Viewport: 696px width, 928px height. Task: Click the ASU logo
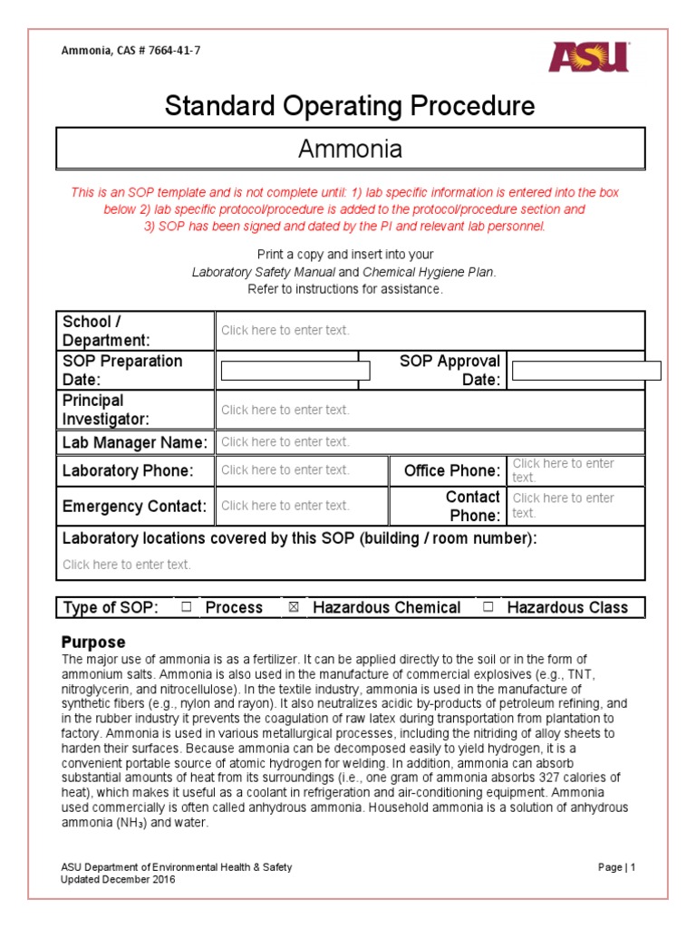pos(589,56)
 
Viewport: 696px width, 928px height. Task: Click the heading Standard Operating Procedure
pos(350,106)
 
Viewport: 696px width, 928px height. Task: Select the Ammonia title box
pos(350,149)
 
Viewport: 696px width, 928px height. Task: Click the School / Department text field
pos(430,331)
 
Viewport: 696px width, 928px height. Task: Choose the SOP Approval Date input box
pos(586,371)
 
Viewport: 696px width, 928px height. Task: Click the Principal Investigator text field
pos(430,410)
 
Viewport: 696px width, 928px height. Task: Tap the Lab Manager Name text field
pos(430,442)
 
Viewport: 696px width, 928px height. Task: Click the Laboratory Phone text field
pos(286,470)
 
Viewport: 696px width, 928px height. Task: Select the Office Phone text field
pos(575,470)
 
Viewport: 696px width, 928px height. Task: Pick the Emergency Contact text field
pos(286,506)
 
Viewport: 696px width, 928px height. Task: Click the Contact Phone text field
pos(575,506)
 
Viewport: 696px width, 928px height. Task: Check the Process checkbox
pos(186,608)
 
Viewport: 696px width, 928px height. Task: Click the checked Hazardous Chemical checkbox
pos(294,608)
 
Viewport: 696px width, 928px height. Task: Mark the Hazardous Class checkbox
pos(488,608)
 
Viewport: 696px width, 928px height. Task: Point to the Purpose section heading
pos(93,642)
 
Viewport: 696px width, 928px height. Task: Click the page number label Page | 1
pos(617,867)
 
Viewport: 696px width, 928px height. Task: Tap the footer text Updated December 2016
pos(118,879)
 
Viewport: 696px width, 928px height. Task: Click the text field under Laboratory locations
pos(127,565)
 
